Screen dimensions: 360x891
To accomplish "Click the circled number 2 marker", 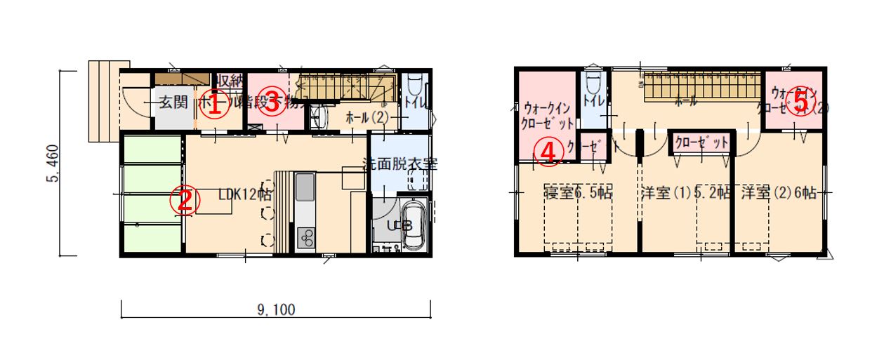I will pos(183,201).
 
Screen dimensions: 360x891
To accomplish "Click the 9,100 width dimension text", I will pos(275,309).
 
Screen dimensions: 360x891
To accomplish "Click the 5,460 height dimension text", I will pos(53,164).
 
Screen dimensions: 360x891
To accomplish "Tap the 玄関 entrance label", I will pos(171,102).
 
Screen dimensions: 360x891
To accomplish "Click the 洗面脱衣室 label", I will pos(400,165).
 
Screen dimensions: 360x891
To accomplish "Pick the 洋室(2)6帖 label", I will pos(778,192).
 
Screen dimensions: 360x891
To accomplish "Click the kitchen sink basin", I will pos(305,188).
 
